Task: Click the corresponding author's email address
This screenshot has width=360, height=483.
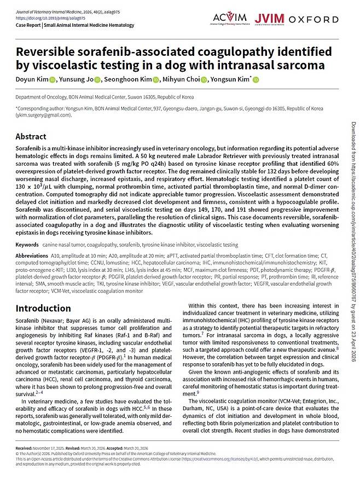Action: [x=40, y=116]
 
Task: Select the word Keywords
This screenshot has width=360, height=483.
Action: [x=27, y=260]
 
